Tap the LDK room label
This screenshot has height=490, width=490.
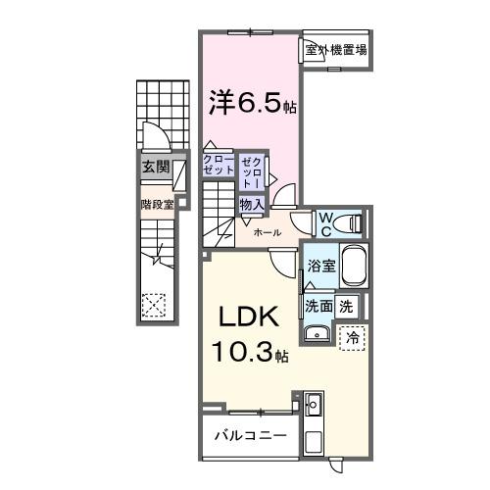[x=247, y=319]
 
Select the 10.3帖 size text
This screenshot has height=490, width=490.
[x=247, y=353]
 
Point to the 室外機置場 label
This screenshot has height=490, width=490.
[x=334, y=49]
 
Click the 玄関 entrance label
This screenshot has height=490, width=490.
[x=154, y=167]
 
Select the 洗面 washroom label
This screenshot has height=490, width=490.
[x=318, y=306]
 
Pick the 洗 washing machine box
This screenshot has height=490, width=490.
[x=347, y=306]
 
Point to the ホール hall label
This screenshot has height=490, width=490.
[x=268, y=233]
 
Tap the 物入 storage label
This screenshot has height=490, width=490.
[x=251, y=204]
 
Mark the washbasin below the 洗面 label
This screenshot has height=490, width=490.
[x=317, y=336]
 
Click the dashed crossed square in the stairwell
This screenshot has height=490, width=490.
[x=154, y=306]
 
